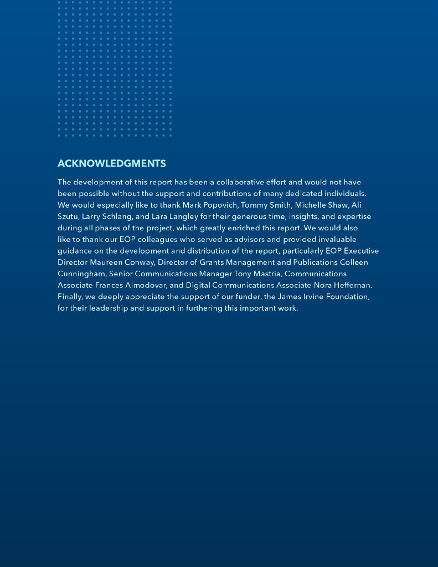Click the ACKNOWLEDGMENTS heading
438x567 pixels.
coord(111,163)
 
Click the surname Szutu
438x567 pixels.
coord(68,217)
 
